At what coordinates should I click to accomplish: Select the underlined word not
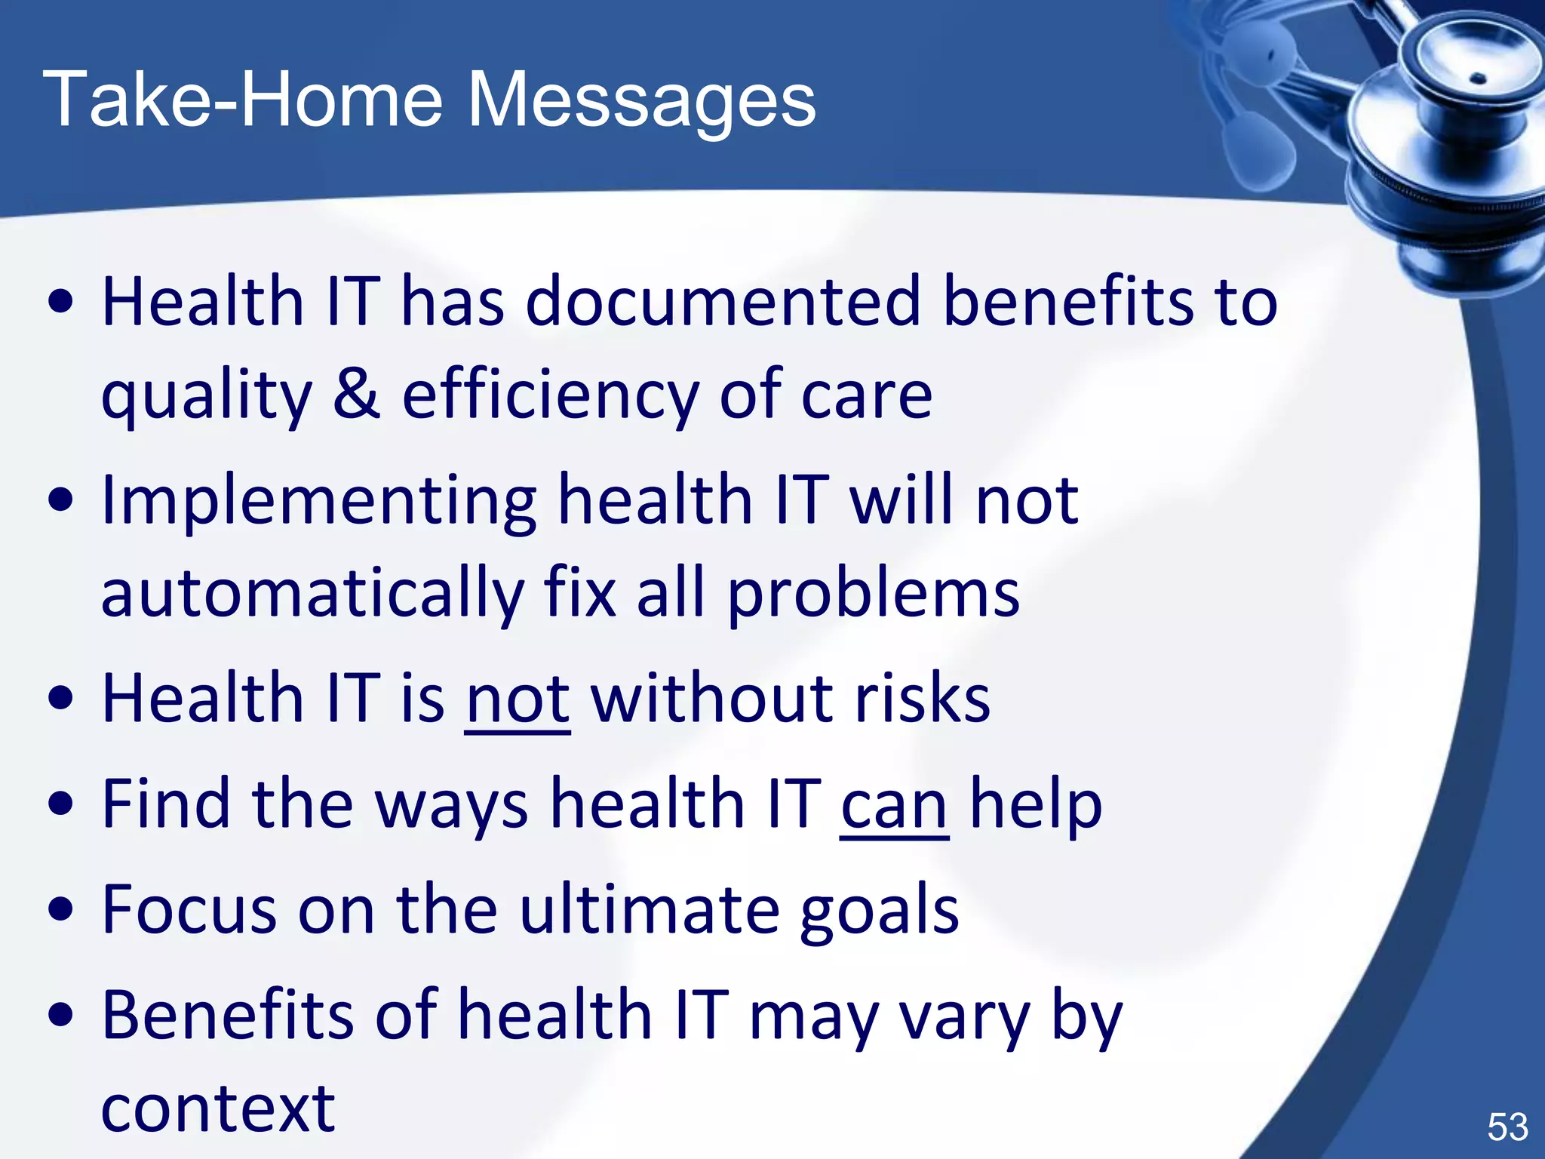pyautogui.click(x=518, y=700)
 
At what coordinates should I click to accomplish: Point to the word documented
pyautogui.click(x=723, y=302)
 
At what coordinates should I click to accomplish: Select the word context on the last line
pyautogui.click(x=218, y=1109)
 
